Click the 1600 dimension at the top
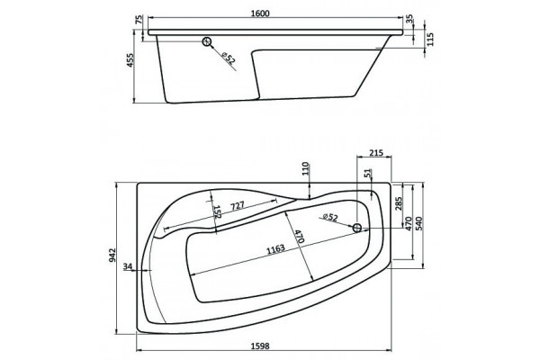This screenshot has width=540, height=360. coord(260,13)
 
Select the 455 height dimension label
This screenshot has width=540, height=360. coord(130,60)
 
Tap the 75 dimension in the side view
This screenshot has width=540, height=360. coord(139,20)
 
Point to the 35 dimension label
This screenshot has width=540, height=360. coord(409,19)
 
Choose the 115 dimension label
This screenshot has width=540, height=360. coord(431,39)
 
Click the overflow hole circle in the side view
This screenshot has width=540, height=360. coord(207,41)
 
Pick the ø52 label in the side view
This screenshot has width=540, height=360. coord(229,58)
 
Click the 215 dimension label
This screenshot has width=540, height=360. coord(376,153)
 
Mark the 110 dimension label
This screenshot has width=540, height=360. coord(306,169)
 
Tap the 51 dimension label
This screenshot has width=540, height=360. coord(368,174)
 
